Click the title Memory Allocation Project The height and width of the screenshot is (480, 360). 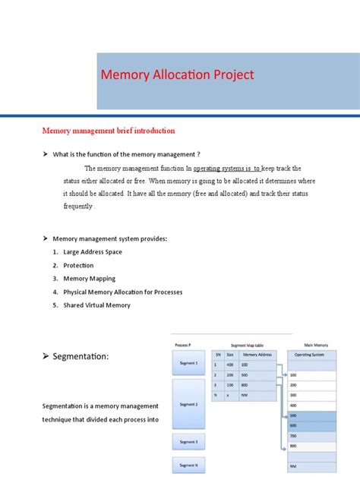click(x=178, y=74)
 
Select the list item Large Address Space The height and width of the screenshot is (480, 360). click(x=93, y=252)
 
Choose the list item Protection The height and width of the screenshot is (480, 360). click(x=78, y=266)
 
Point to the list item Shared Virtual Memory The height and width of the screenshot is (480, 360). click(x=96, y=305)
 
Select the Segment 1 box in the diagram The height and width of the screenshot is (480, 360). click(x=188, y=363)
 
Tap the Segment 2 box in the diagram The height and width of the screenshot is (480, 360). click(x=188, y=404)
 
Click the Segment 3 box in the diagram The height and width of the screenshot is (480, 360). click(x=188, y=442)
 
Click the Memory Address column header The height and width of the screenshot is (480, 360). click(x=257, y=354)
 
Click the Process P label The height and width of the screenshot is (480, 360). click(x=183, y=344)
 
